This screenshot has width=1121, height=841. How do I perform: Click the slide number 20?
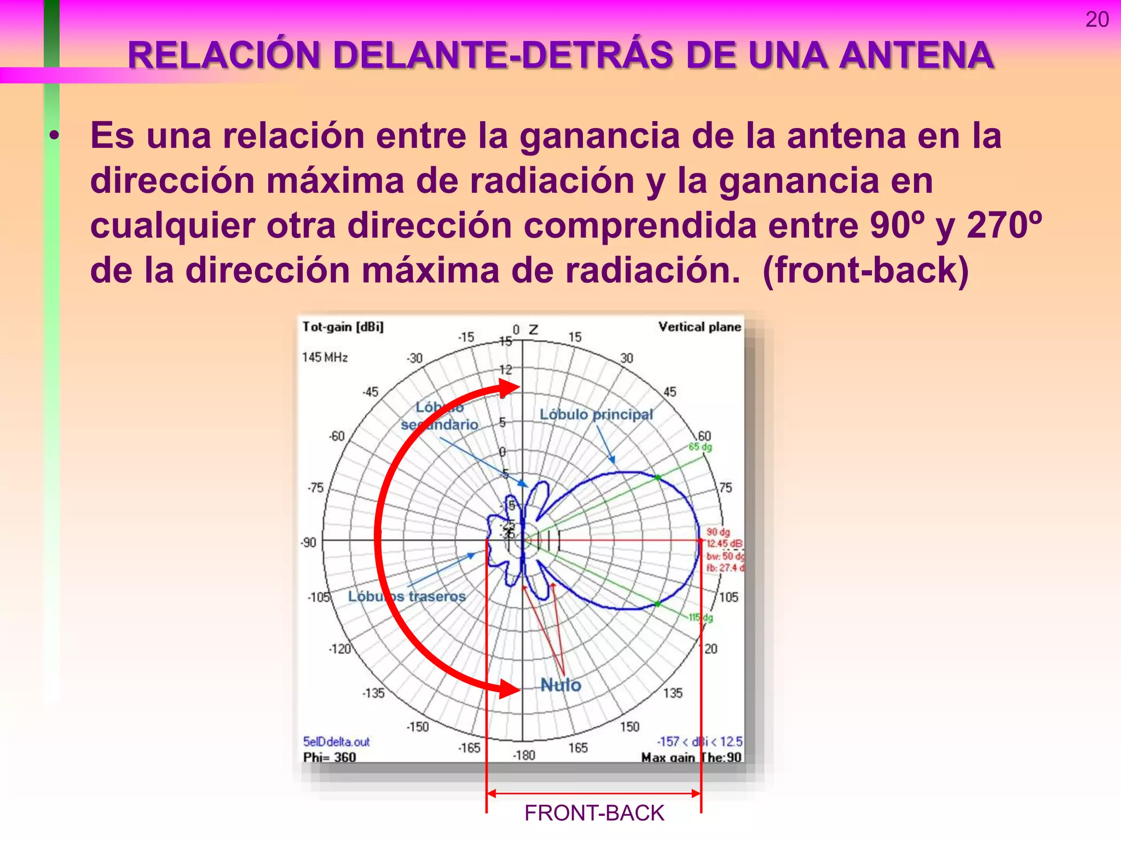(1096, 20)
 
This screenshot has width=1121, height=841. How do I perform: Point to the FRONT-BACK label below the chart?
(594, 813)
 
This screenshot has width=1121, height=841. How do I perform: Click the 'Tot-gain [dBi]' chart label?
(343, 327)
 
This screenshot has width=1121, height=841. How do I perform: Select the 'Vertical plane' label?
(700, 327)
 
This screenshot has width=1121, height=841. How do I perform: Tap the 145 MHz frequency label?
(325, 358)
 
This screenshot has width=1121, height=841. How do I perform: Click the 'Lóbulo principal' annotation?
(596, 414)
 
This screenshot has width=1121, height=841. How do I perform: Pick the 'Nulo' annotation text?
(560, 684)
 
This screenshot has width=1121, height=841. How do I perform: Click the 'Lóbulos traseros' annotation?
(407, 596)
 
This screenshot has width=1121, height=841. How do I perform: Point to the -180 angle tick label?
(524, 755)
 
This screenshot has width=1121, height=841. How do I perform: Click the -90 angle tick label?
(309, 542)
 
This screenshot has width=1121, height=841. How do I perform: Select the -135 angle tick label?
(373, 693)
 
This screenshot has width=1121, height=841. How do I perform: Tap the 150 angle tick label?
(629, 727)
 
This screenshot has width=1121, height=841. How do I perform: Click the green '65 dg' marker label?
(700, 447)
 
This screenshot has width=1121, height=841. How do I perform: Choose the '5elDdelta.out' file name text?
(336, 741)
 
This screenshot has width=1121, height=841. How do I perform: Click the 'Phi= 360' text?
(330, 757)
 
